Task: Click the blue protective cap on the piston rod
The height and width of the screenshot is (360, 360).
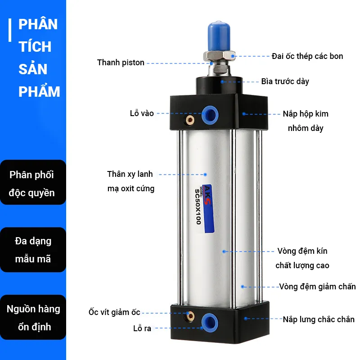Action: click(x=219, y=36)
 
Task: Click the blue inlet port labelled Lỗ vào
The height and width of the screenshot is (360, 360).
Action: click(x=210, y=115)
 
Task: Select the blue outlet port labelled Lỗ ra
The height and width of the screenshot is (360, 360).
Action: click(x=210, y=323)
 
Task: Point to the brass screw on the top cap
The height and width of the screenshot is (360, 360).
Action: click(x=190, y=120)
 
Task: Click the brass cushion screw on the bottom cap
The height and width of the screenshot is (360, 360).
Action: click(x=190, y=317)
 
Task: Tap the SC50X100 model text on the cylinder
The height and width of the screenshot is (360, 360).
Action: click(x=198, y=207)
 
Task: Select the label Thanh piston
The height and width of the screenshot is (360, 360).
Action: click(x=121, y=63)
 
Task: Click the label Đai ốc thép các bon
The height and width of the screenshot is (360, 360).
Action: click(x=307, y=56)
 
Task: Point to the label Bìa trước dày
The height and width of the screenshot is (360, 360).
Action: click(x=285, y=81)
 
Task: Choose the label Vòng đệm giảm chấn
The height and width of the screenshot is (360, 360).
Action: click(x=318, y=287)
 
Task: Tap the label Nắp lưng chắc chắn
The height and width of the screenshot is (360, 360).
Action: click(x=319, y=319)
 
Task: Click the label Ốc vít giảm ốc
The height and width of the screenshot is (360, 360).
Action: click(x=114, y=312)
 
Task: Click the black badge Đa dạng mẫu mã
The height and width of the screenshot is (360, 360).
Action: click(x=33, y=250)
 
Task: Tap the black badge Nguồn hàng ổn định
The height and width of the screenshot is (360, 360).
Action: click(x=33, y=317)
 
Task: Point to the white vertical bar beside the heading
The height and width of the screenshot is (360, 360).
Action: click(x=10, y=30)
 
